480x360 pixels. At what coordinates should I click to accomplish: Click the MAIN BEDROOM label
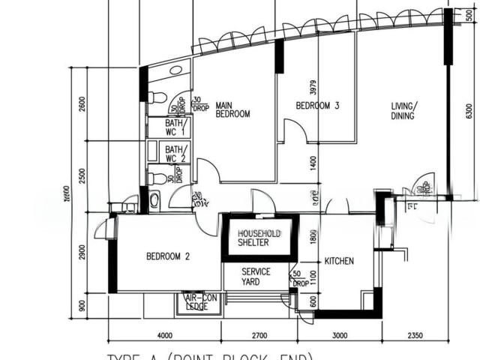(x=232, y=109)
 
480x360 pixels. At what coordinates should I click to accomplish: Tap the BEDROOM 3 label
(x=318, y=106)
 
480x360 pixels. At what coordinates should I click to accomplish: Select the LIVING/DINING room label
(x=405, y=112)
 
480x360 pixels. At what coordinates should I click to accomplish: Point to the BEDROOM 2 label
(x=168, y=256)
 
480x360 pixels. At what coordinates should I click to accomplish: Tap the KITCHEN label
(x=339, y=261)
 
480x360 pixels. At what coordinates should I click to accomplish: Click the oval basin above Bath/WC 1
(x=175, y=70)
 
